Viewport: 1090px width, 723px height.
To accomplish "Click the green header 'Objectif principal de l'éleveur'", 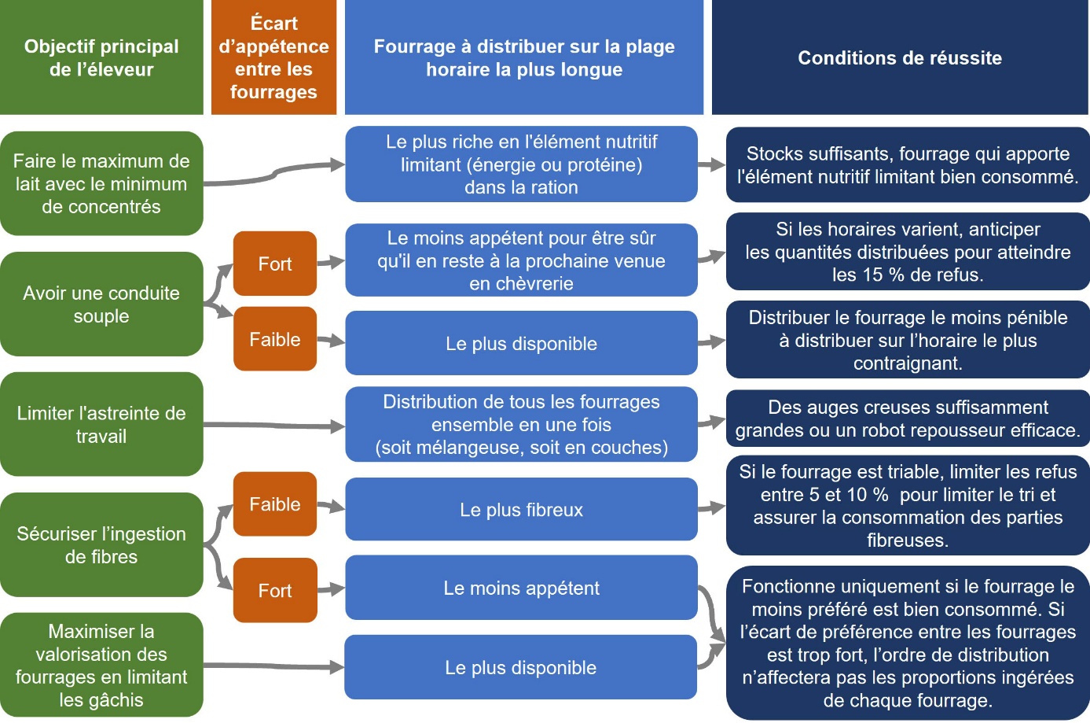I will pos(101,57).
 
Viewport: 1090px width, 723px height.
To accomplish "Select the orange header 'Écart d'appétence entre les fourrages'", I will pos(273,57).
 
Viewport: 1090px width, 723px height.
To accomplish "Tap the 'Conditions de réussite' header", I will pos(900,57).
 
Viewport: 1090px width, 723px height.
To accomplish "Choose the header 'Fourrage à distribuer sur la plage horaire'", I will pos(524,57).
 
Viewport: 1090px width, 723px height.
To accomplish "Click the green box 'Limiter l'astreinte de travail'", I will pos(101,425).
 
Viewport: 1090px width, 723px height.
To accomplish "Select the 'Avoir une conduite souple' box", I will pos(101,304).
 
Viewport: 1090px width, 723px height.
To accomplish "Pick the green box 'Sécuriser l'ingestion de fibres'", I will pos(101,544).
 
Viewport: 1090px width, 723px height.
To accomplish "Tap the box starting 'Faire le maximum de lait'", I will pos(101,183).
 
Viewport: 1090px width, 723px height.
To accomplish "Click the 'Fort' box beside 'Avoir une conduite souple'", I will pos(275,264).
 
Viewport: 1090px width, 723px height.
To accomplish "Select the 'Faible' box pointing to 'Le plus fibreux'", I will pos(275,504).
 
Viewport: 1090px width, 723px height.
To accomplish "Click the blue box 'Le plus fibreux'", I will pos(521,510).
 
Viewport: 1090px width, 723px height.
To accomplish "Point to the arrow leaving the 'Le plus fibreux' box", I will pos(711,508).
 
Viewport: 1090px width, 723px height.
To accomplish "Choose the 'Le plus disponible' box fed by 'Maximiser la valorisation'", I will pos(520,668).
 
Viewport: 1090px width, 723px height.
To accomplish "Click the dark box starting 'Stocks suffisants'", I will pos(908,165).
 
